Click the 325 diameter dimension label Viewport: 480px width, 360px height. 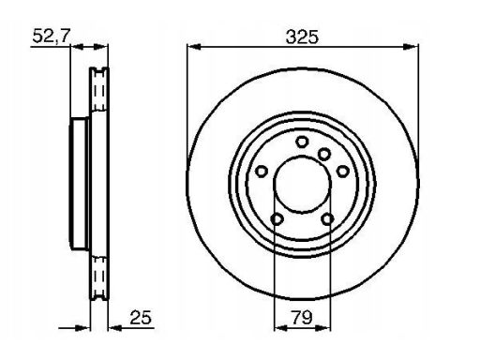(302, 37)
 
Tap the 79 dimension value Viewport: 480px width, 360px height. (302, 318)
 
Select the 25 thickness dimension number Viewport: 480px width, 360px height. (141, 318)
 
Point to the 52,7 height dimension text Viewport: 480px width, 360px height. (52, 36)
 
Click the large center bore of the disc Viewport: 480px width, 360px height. (302, 185)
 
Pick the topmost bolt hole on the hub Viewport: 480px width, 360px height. (302, 142)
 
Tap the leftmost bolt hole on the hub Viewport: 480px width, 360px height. (262, 172)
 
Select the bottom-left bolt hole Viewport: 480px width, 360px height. (277, 219)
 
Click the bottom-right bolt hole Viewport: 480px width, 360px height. (327, 219)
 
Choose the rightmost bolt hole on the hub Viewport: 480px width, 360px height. (343, 171)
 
